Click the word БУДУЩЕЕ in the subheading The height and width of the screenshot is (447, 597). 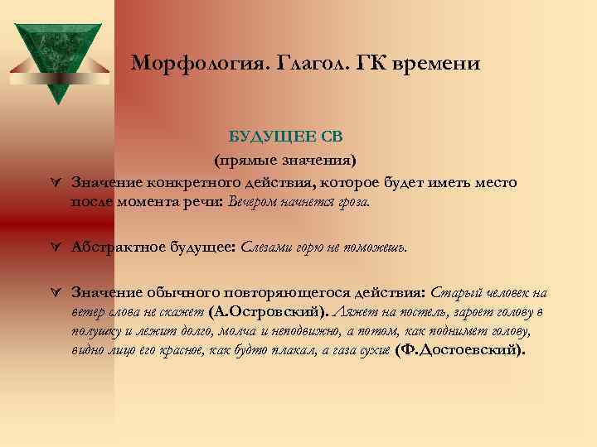pos(264,136)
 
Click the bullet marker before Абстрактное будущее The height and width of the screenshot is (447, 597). pos(55,247)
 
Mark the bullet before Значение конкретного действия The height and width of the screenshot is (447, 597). pos(55,182)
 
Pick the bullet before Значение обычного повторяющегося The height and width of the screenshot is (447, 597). pos(55,293)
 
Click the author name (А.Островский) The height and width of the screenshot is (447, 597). pos(269,312)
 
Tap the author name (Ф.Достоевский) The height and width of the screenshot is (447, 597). pos(461,349)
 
